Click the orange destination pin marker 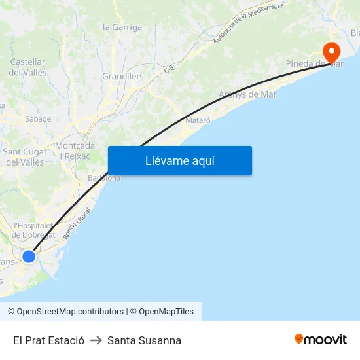[331, 50]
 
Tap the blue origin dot [29, 256]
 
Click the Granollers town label [122, 77]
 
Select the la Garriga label [122, 27]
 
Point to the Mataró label [198, 120]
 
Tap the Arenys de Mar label [247, 94]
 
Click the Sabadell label [40, 119]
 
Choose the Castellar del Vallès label [28, 67]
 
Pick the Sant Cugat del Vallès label [24, 156]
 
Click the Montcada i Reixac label [75, 151]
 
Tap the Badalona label [104, 177]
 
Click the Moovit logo [320, 340]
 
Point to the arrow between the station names [96, 340]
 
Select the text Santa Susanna [144, 340]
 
